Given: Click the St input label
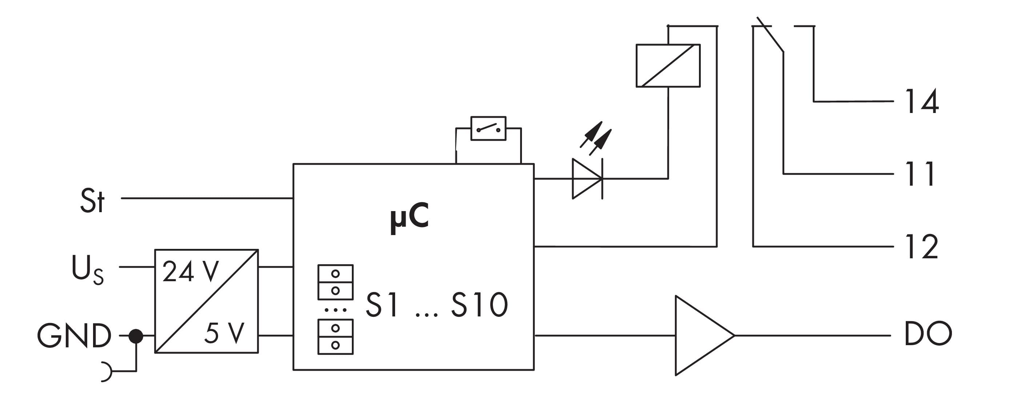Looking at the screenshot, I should pos(92,201).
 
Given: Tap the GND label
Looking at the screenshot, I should pos(74,336).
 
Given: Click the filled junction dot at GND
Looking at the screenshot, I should pos(136,336).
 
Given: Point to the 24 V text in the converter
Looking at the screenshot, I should pos(190,272).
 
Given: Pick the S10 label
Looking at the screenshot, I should pos(479,305).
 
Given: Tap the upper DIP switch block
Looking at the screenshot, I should pos(335,282).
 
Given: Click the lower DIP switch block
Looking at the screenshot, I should pos(335,336).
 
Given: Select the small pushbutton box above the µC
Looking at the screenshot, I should pos(489,128).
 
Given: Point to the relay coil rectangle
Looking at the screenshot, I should pos(668,66).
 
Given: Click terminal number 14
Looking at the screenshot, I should pos(922,101).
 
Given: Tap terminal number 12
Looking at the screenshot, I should pos(922,247).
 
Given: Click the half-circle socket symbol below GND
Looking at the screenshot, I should pos(106,372).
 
